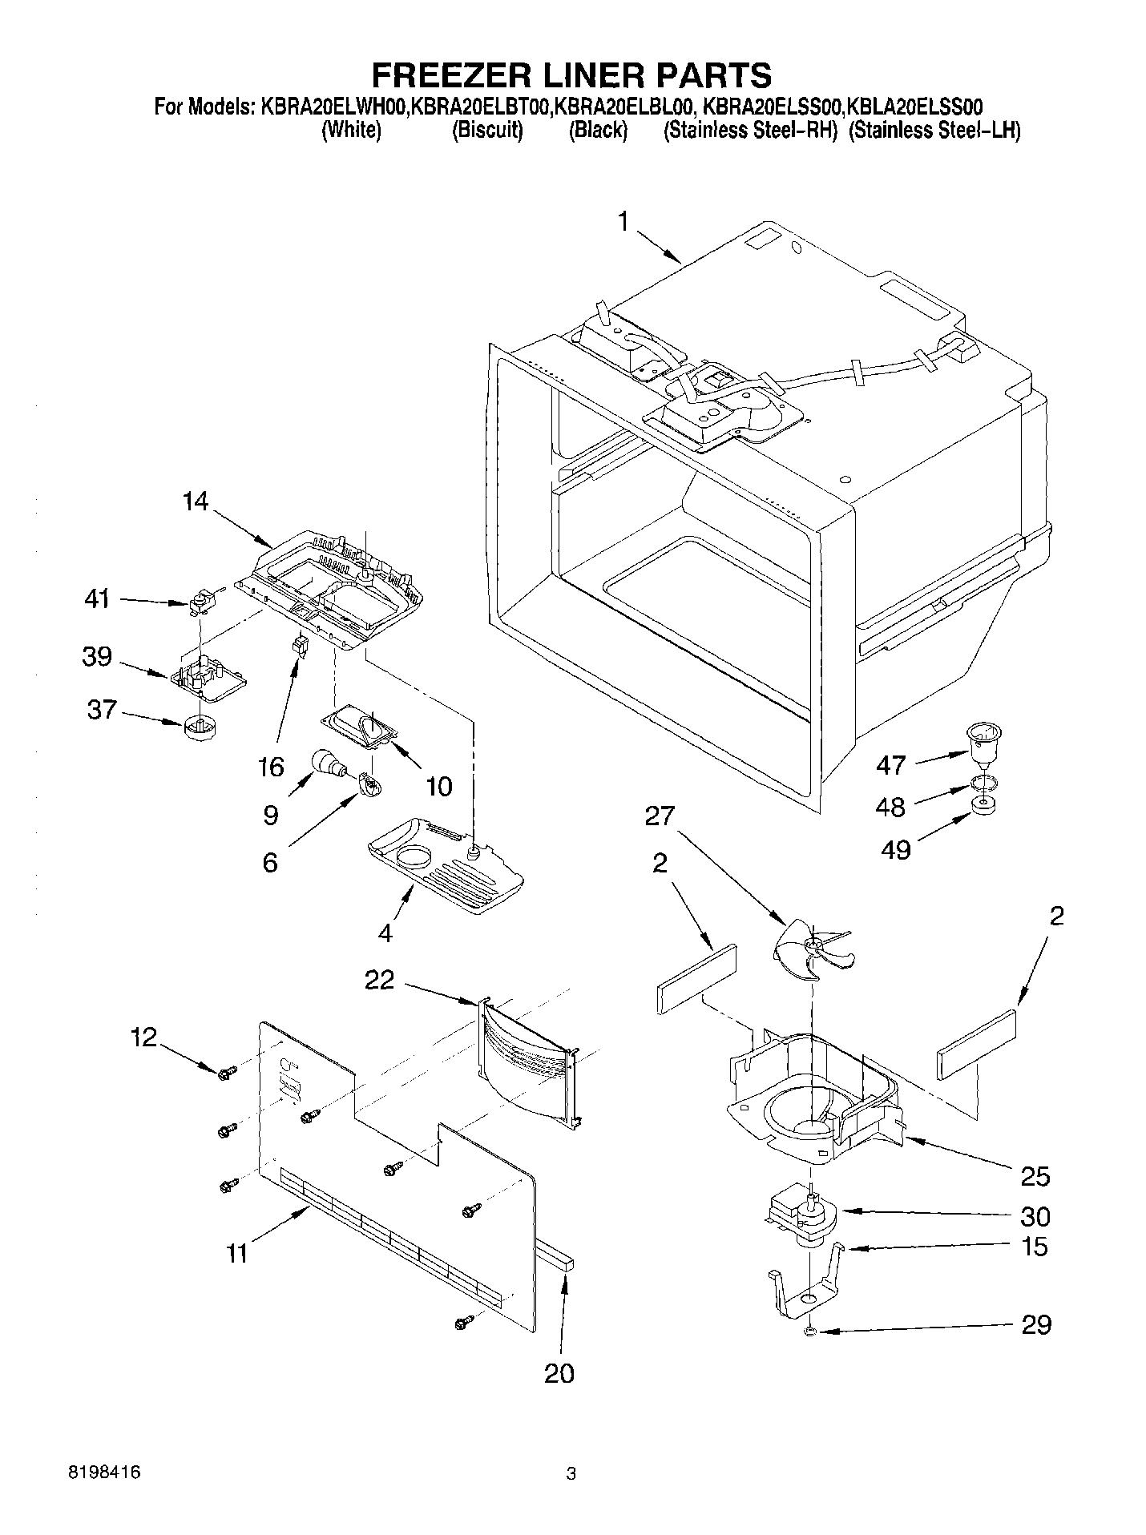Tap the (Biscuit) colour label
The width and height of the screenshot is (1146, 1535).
487,130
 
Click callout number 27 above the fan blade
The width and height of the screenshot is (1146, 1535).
660,816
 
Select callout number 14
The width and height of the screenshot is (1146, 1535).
195,502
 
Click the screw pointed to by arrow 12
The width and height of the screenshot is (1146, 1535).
224,1072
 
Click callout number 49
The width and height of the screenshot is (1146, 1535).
895,849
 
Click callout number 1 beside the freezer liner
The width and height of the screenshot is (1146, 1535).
624,222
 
